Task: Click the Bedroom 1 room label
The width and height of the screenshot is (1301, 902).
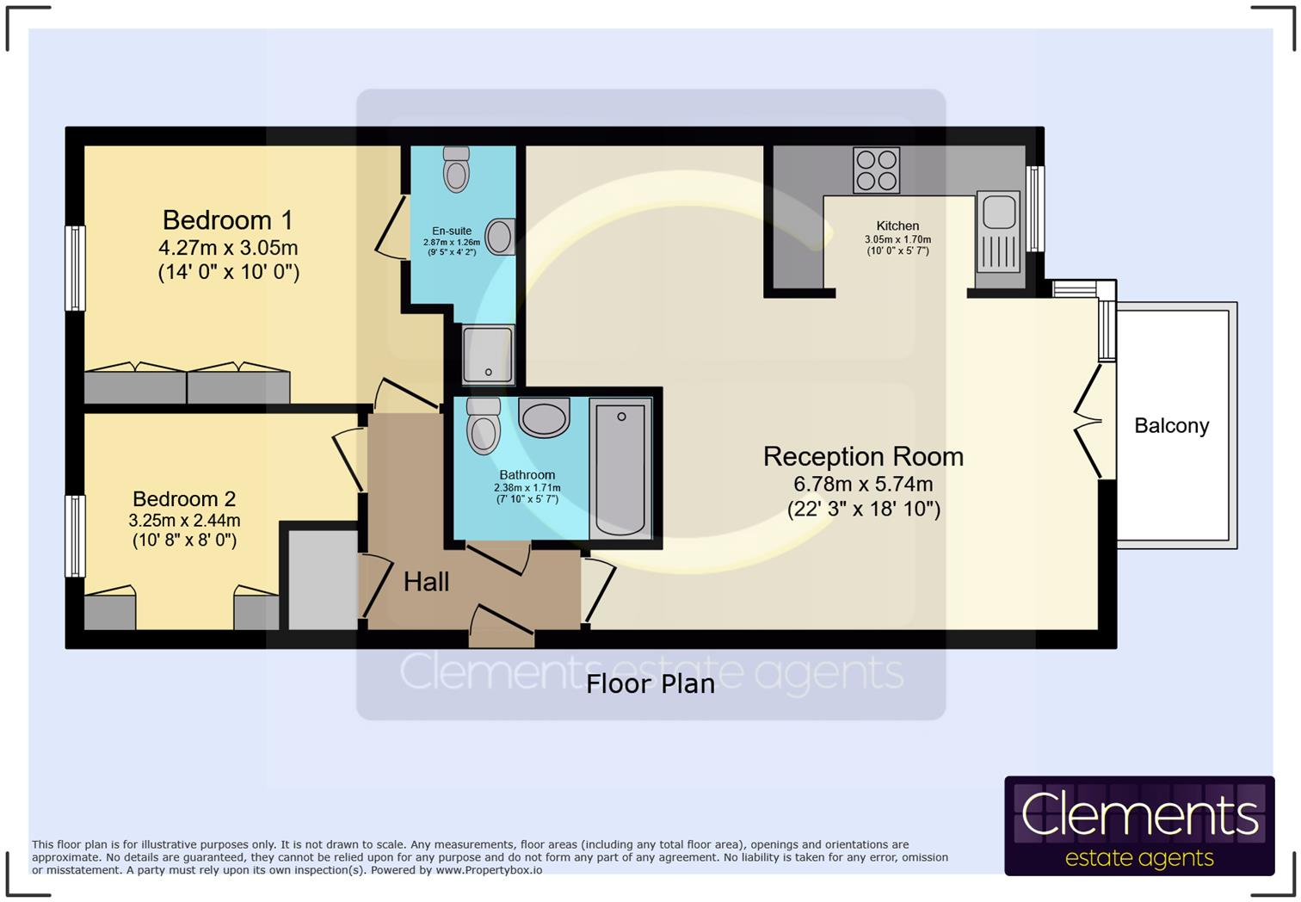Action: (x=228, y=220)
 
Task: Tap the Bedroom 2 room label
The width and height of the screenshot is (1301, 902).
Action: (x=184, y=499)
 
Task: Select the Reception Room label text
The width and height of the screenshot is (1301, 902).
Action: (x=863, y=457)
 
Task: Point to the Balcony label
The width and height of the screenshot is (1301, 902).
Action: (x=1171, y=426)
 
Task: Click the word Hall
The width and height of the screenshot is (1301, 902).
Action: (x=426, y=583)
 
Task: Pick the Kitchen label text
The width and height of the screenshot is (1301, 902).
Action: (x=897, y=225)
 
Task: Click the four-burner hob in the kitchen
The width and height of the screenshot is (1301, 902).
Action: (x=876, y=170)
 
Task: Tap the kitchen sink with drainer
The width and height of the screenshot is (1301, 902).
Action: (x=999, y=232)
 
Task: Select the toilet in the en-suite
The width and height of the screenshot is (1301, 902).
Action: (x=456, y=169)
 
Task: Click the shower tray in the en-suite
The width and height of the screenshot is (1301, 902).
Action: (x=488, y=355)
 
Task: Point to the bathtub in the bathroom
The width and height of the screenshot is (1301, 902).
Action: (x=620, y=468)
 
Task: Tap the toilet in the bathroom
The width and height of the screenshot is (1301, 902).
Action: (x=483, y=423)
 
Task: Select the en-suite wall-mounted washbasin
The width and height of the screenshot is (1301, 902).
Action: (x=500, y=237)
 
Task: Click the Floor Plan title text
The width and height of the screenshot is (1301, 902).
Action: (x=650, y=684)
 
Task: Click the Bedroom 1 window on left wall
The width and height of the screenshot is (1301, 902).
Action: (x=76, y=268)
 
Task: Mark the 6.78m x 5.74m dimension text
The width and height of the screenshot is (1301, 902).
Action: (x=863, y=485)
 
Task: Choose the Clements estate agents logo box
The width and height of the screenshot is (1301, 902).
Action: (x=1138, y=826)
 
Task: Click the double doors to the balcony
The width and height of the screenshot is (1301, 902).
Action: (x=1091, y=421)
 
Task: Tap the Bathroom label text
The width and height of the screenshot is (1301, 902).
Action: (x=527, y=475)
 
